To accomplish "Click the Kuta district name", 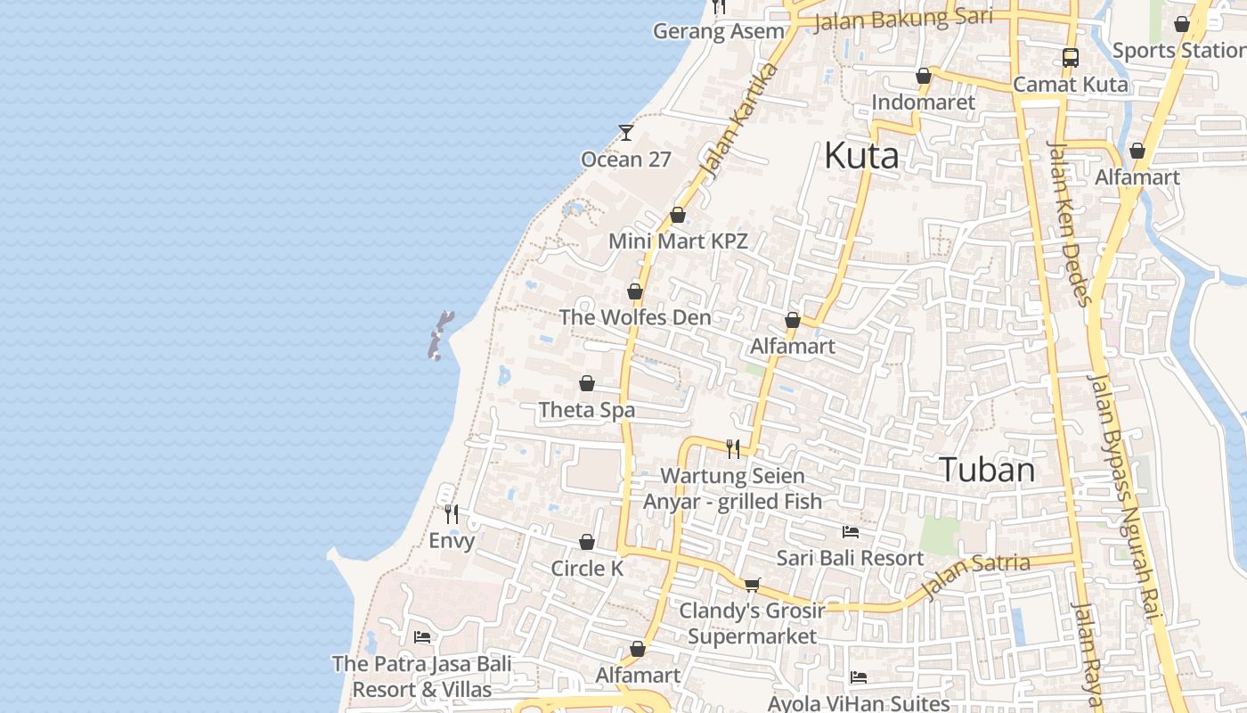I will click(x=860, y=155).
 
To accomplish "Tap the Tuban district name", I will click(x=988, y=469).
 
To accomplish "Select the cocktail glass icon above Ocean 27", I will click(x=626, y=133).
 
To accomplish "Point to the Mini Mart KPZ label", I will click(x=678, y=241).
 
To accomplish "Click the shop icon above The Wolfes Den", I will click(x=635, y=291).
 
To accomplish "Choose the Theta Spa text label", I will click(x=587, y=410).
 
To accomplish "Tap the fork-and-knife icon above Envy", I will click(x=452, y=514).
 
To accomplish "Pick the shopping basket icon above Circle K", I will click(x=587, y=542).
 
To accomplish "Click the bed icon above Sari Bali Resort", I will click(x=851, y=532).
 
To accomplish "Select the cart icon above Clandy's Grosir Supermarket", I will click(x=753, y=585).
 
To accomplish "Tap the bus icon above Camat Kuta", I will click(x=1071, y=58).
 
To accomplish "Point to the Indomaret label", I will click(x=924, y=102).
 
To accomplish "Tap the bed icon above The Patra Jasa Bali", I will click(x=422, y=637).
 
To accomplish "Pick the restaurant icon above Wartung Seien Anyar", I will click(x=733, y=448).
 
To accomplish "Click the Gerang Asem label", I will click(x=719, y=31).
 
